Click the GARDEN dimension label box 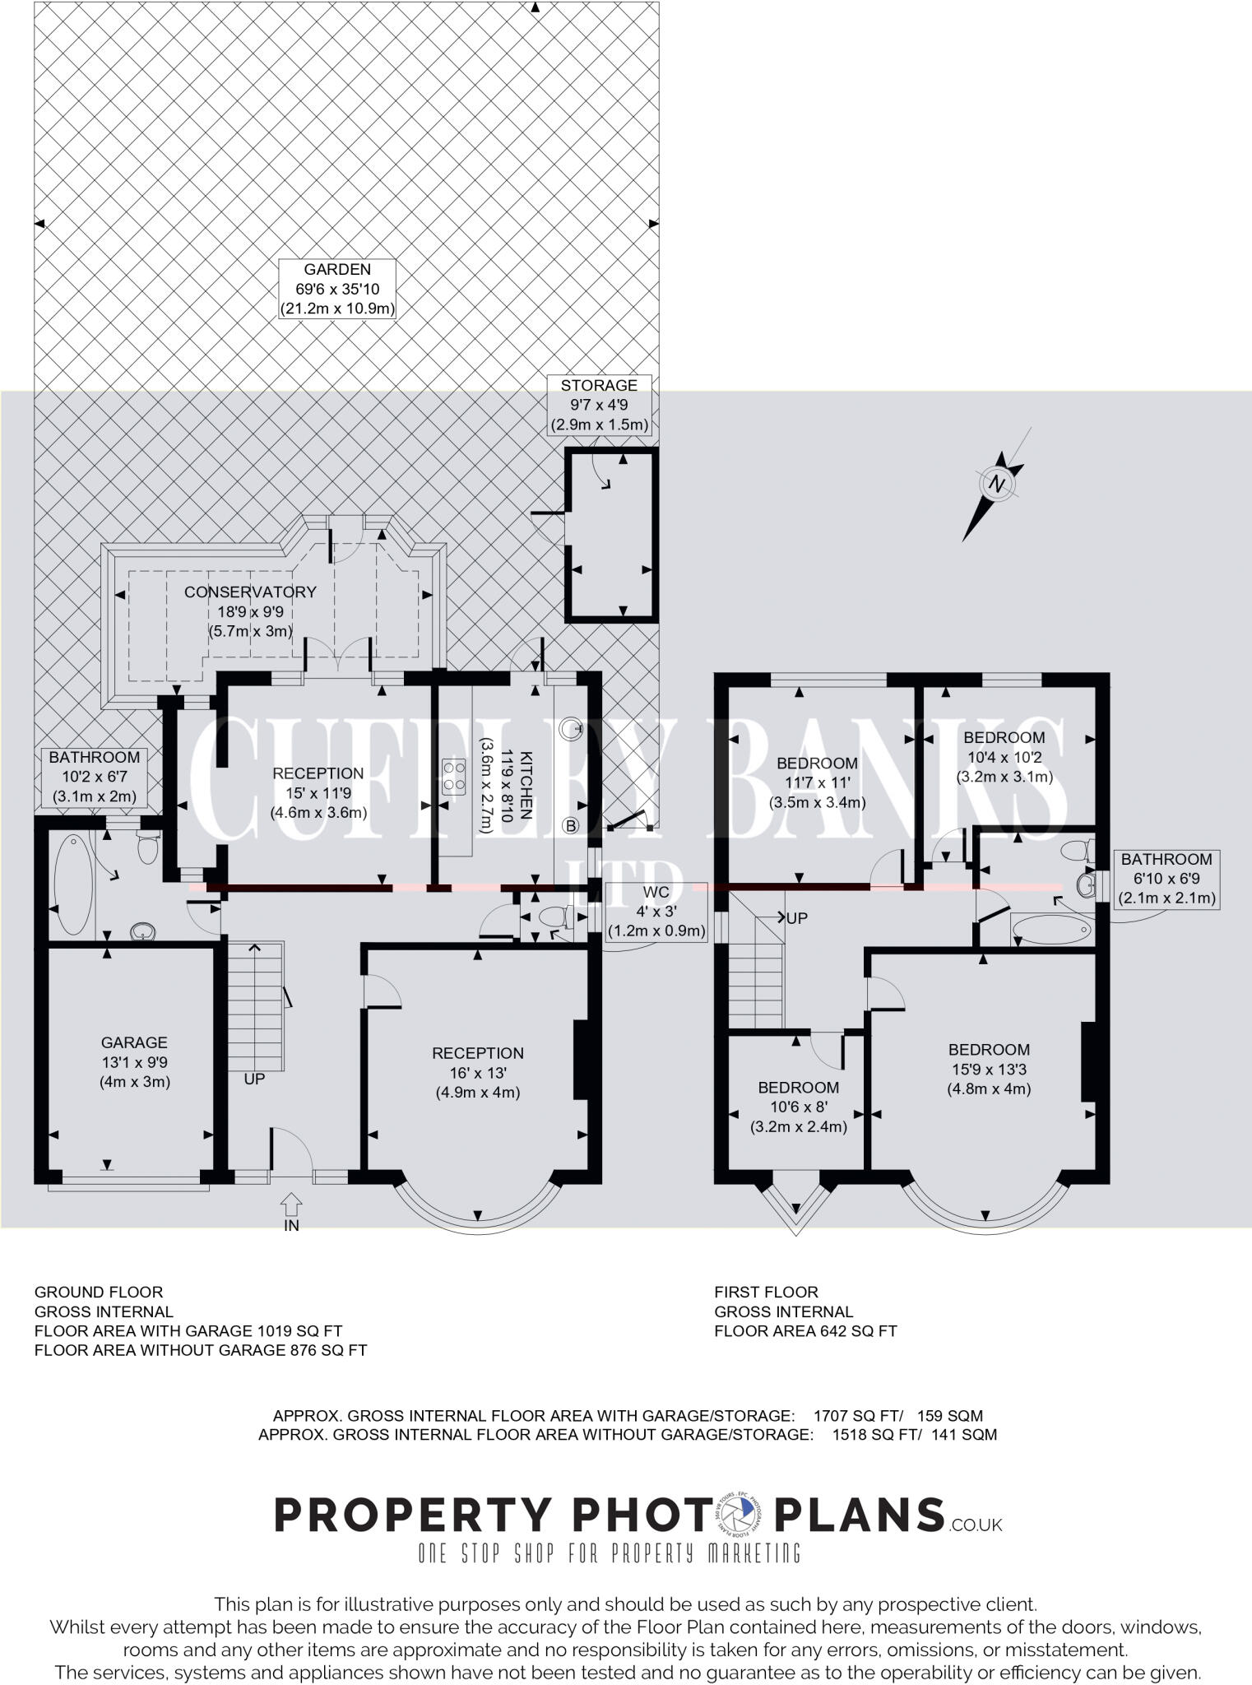(337, 290)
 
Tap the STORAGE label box (599, 406)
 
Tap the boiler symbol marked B (570, 825)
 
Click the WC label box (656, 912)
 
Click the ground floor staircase (255, 1007)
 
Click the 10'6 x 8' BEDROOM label (798, 1107)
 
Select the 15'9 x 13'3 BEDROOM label (989, 1069)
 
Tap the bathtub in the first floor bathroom (1052, 931)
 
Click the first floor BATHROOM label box (1166, 879)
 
